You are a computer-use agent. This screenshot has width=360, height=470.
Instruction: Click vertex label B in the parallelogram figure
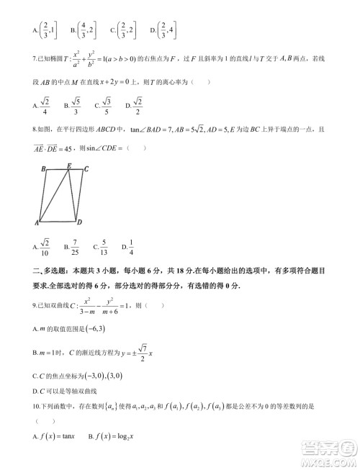tap(44, 169)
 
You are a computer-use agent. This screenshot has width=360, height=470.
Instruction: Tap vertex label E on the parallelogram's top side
tap(68, 166)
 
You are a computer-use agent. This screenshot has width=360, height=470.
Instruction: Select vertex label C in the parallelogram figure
tap(86, 169)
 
